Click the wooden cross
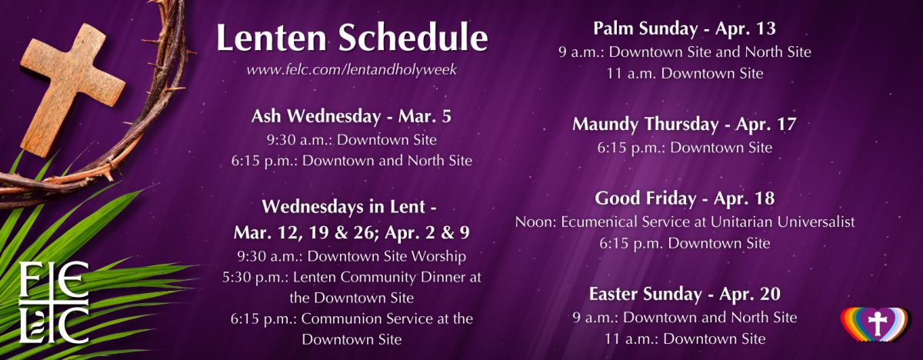pyautogui.click(x=72, y=88)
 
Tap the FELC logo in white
pyautogui.click(x=54, y=303)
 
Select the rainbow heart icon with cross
pyautogui.click(x=875, y=325)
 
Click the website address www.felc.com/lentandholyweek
pyautogui.click(x=352, y=69)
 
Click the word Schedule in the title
pyautogui.click(x=413, y=38)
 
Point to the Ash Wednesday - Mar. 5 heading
pyautogui.click(x=352, y=117)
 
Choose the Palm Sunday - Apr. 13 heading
pyautogui.click(x=685, y=28)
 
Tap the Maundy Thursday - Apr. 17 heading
pyautogui.click(x=685, y=125)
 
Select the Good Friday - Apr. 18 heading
pyautogui.click(x=685, y=198)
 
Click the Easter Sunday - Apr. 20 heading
pyautogui.click(x=685, y=294)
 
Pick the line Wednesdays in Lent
pyautogui.click(x=349, y=207)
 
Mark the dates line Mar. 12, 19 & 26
pyautogui.click(x=352, y=233)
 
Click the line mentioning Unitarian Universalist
pyautogui.click(x=685, y=222)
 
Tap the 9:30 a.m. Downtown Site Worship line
pyautogui.click(x=352, y=256)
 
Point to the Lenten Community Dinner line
pyautogui.click(x=352, y=277)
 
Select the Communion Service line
pyautogui.click(x=352, y=318)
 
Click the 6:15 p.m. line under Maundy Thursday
pyautogui.click(x=685, y=148)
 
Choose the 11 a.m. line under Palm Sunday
pyautogui.click(x=685, y=74)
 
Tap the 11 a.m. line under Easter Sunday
pyautogui.click(x=685, y=339)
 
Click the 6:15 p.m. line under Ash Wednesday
pyautogui.click(x=352, y=161)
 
